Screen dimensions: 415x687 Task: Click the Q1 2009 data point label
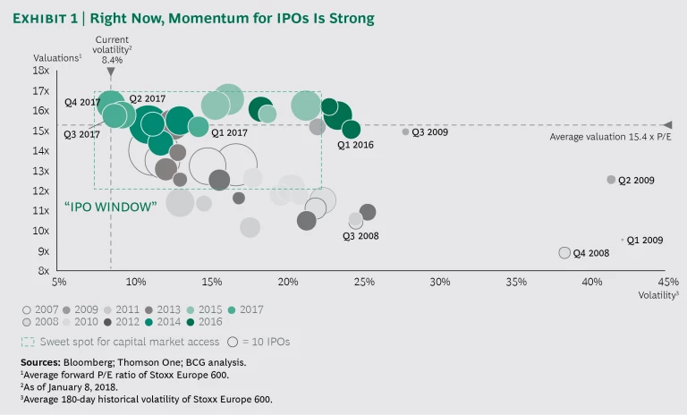click(x=645, y=240)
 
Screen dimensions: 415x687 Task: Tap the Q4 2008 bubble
click(x=564, y=253)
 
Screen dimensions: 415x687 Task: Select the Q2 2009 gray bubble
click(x=612, y=180)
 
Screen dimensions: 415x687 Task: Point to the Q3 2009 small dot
click(x=405, y=131)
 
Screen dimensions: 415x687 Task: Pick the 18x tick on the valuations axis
click(x=41, y=71)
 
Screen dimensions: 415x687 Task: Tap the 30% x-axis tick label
click(x=440, y=282)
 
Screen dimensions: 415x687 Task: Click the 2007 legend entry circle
click(x=27, y=309)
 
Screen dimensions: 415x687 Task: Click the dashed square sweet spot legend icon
click(x=28, y=341)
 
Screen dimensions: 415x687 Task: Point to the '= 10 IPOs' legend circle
click(x=233, y=341)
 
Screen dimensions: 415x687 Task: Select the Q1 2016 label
click(x=355, y=145)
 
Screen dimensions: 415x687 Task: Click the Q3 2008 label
click(x=360, y=236)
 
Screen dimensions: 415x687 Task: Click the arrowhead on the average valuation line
click(x=666, y=124)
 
